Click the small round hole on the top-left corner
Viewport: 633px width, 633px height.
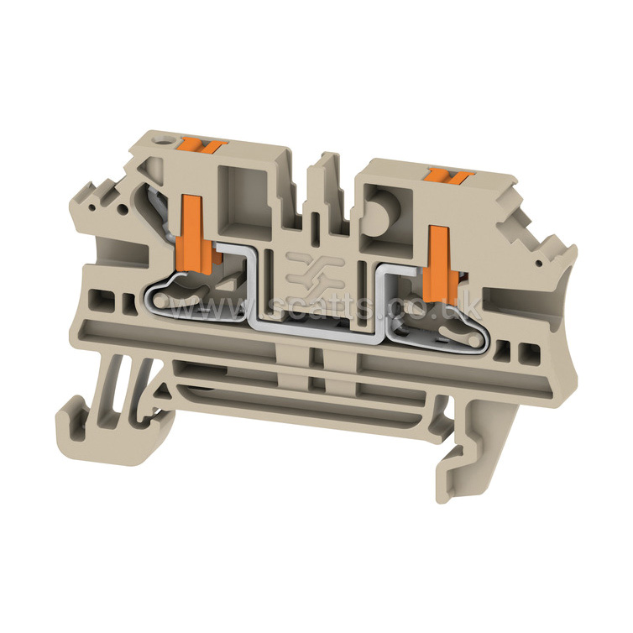point(165,143)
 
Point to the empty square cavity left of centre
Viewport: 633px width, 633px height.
point(245,201)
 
